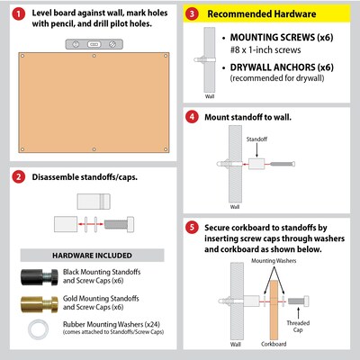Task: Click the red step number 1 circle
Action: point(19,13)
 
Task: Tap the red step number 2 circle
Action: point(19,177)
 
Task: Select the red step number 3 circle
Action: point(192,13)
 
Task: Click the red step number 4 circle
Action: point(192,117)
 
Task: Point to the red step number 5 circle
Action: point(192,227)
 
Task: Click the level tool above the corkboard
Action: point(94,44)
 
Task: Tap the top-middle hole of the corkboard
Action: point(94,56)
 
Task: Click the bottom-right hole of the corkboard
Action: point(166,149)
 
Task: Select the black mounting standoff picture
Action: point(40,277)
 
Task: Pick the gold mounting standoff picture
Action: point(40,303)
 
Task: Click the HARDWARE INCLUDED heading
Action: point(92,256)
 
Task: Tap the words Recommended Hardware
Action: point(262,13)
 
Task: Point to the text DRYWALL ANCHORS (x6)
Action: point(282,67)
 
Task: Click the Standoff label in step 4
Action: point(256,139)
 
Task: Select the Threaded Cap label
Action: point(298,327)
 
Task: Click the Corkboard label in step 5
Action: point(274,344)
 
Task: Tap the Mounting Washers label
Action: point(274,261)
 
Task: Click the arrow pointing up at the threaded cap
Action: point(298,312)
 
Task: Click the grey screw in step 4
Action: point(283,164)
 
